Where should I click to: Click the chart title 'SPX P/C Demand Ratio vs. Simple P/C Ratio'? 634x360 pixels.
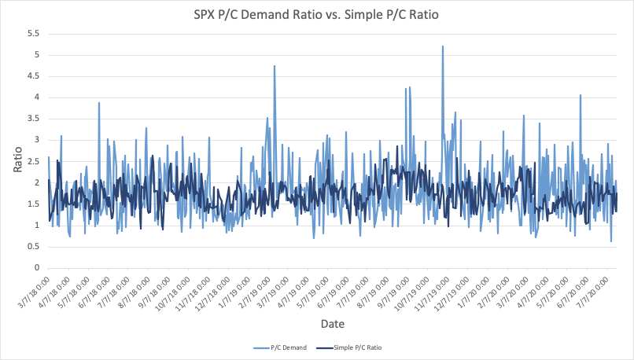click(317, 14)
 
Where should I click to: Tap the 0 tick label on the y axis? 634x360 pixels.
click(37, 268)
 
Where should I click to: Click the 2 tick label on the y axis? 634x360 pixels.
click(37, 182)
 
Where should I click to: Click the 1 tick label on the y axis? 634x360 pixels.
click(37, 226)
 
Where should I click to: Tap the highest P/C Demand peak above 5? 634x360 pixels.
click(443, 46)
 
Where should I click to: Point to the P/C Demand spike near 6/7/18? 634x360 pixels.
click(99, 103)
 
